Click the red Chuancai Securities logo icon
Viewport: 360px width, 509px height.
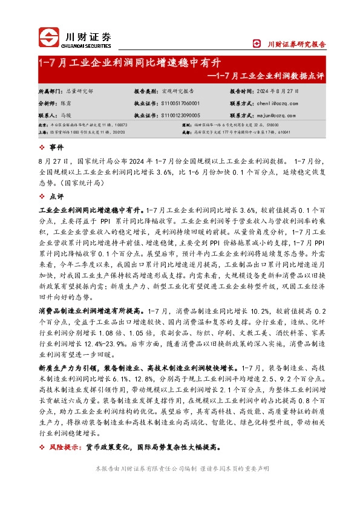(x=50, y=37)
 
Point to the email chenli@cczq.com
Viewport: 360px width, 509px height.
(x=280, y=103)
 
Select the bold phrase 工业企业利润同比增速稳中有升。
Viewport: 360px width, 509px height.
(x=91, y=210)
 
